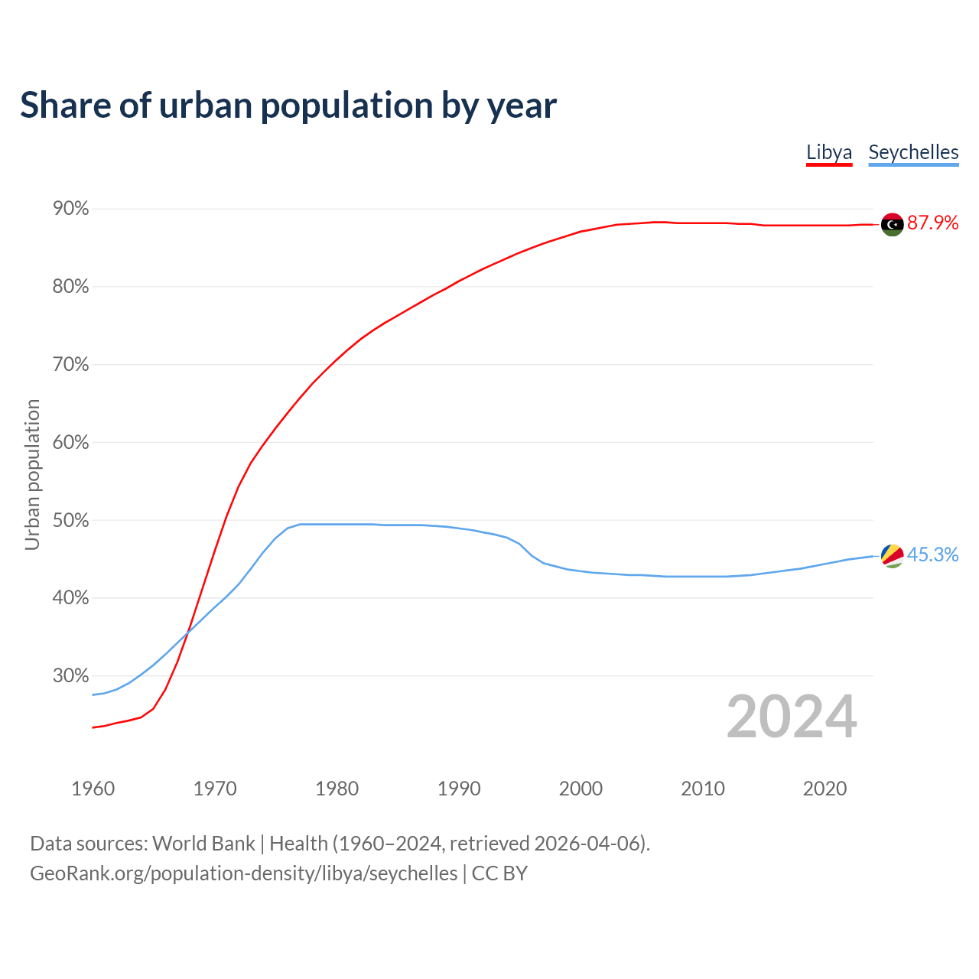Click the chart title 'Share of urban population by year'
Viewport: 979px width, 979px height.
coord(288,106)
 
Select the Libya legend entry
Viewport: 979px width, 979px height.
coord(829,152)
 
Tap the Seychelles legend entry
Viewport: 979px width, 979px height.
coord(913,152)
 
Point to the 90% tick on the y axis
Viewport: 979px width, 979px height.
coord(71,209)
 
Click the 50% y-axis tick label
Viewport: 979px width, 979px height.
coord(71,521)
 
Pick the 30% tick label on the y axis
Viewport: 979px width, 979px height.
coord(71,676)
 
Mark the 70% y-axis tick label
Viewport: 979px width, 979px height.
coord(71,365)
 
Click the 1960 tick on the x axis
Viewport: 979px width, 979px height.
coord(93,789)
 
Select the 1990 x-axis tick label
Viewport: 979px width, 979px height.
coord(459,789)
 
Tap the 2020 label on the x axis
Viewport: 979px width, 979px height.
coord(825,789)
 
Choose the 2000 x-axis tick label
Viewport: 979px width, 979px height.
coord(581,789)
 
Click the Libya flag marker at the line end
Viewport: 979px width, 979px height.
coord(892,224)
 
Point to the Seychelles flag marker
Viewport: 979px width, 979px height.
coord(892,556)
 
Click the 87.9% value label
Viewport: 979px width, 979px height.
coord(932,223)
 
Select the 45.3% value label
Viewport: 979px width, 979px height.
coord(932,555)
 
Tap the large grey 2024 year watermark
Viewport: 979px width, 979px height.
coord(792,717)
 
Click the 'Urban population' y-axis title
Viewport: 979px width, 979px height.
coord(32,474)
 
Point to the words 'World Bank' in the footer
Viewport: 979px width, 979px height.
coord(203,844)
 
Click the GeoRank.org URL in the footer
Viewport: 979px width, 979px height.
coord(243,873)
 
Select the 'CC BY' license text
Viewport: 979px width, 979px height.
coord(499,873)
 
